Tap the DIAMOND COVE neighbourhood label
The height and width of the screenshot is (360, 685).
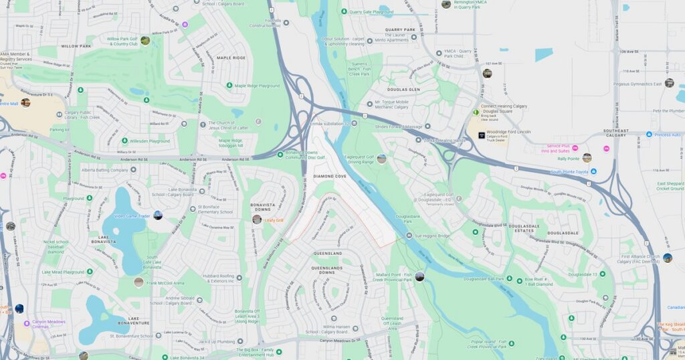[x=330, y=176]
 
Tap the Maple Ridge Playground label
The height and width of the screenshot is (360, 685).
[x=256, y=86]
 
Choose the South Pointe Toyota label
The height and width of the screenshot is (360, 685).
[x=569, y=171]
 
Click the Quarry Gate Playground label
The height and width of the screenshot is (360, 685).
[x=369, y=12]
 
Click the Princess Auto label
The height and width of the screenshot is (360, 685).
[x=667, y=134]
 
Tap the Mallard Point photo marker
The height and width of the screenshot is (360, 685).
[x=419, y=276]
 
